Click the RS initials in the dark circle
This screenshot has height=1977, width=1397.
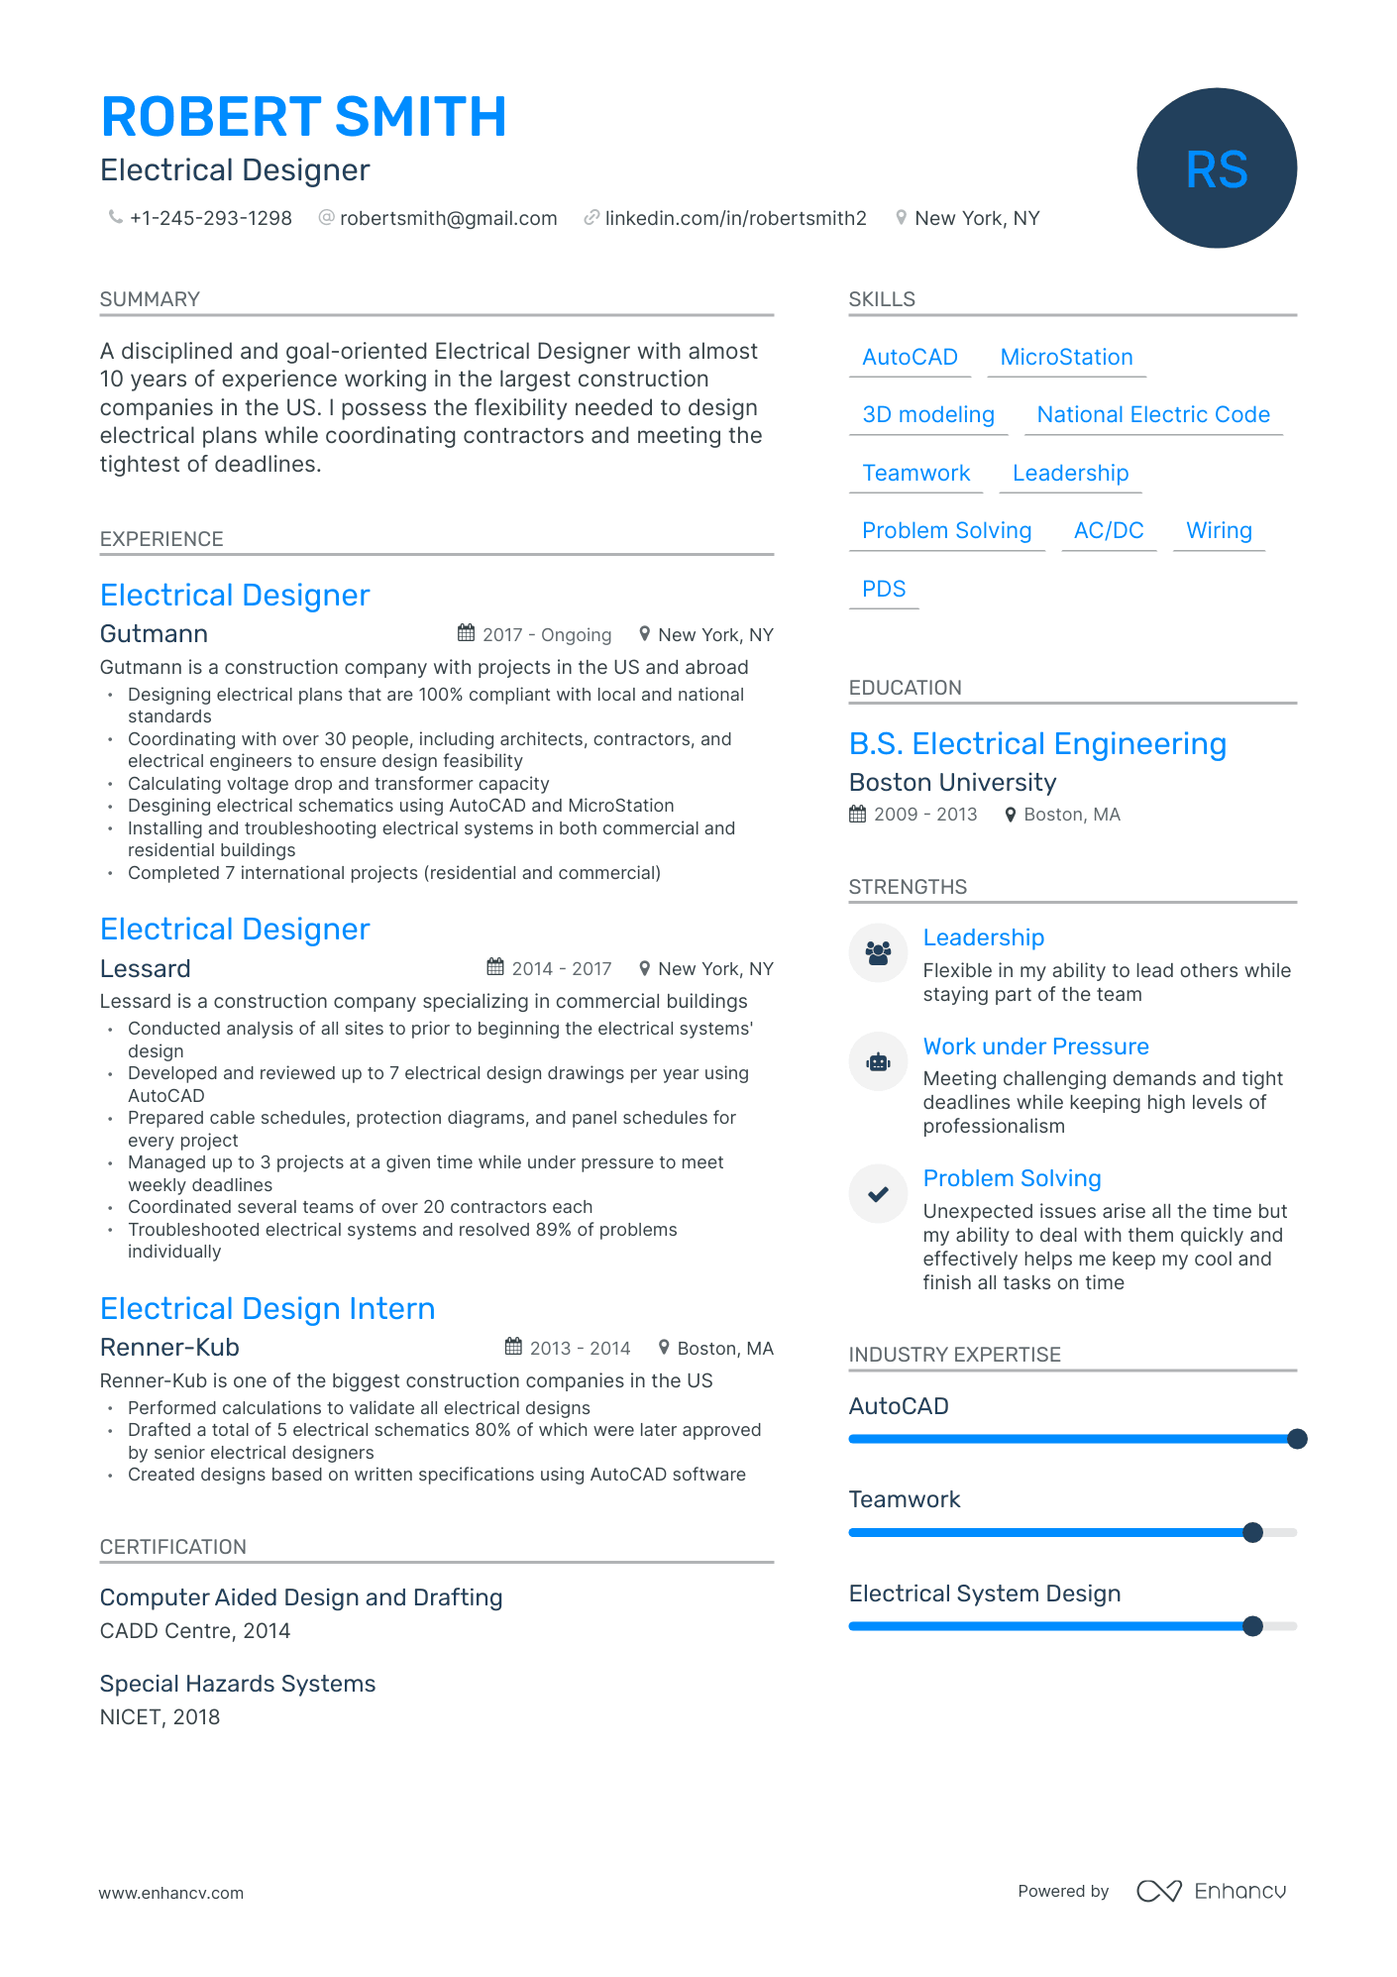click(1216, 169)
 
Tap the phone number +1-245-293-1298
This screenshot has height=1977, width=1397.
click(210, 218)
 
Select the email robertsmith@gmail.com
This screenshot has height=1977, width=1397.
click(448, 218)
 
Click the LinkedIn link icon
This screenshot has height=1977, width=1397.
click(591, 218)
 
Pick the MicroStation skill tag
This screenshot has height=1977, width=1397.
click(1066, 358)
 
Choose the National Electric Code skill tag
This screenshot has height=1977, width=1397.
click(1152, 415)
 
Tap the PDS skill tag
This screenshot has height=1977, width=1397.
click(884, 590)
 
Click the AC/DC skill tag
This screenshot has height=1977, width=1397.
click(1108, 531)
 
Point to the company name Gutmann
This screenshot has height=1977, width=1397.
click(154, 634)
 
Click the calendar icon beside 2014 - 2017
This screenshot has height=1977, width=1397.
click(495, 968)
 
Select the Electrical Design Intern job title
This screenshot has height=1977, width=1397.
click(268, 1309)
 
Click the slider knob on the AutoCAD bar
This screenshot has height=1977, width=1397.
click(1297, 1439)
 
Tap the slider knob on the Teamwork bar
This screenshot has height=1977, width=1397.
click(1252, 1533)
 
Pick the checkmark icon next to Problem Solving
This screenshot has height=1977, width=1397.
click(878, 1194)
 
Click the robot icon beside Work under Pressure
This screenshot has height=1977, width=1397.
click(878, 1062)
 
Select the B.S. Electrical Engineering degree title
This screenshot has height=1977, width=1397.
click(1037, 744)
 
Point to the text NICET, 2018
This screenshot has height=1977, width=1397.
click(160, 1717)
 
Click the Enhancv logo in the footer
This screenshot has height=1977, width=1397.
click(1211, 1891)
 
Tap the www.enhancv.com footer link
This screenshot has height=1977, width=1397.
click(170, 1893)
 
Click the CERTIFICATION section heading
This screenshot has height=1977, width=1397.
click(172, 1547)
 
